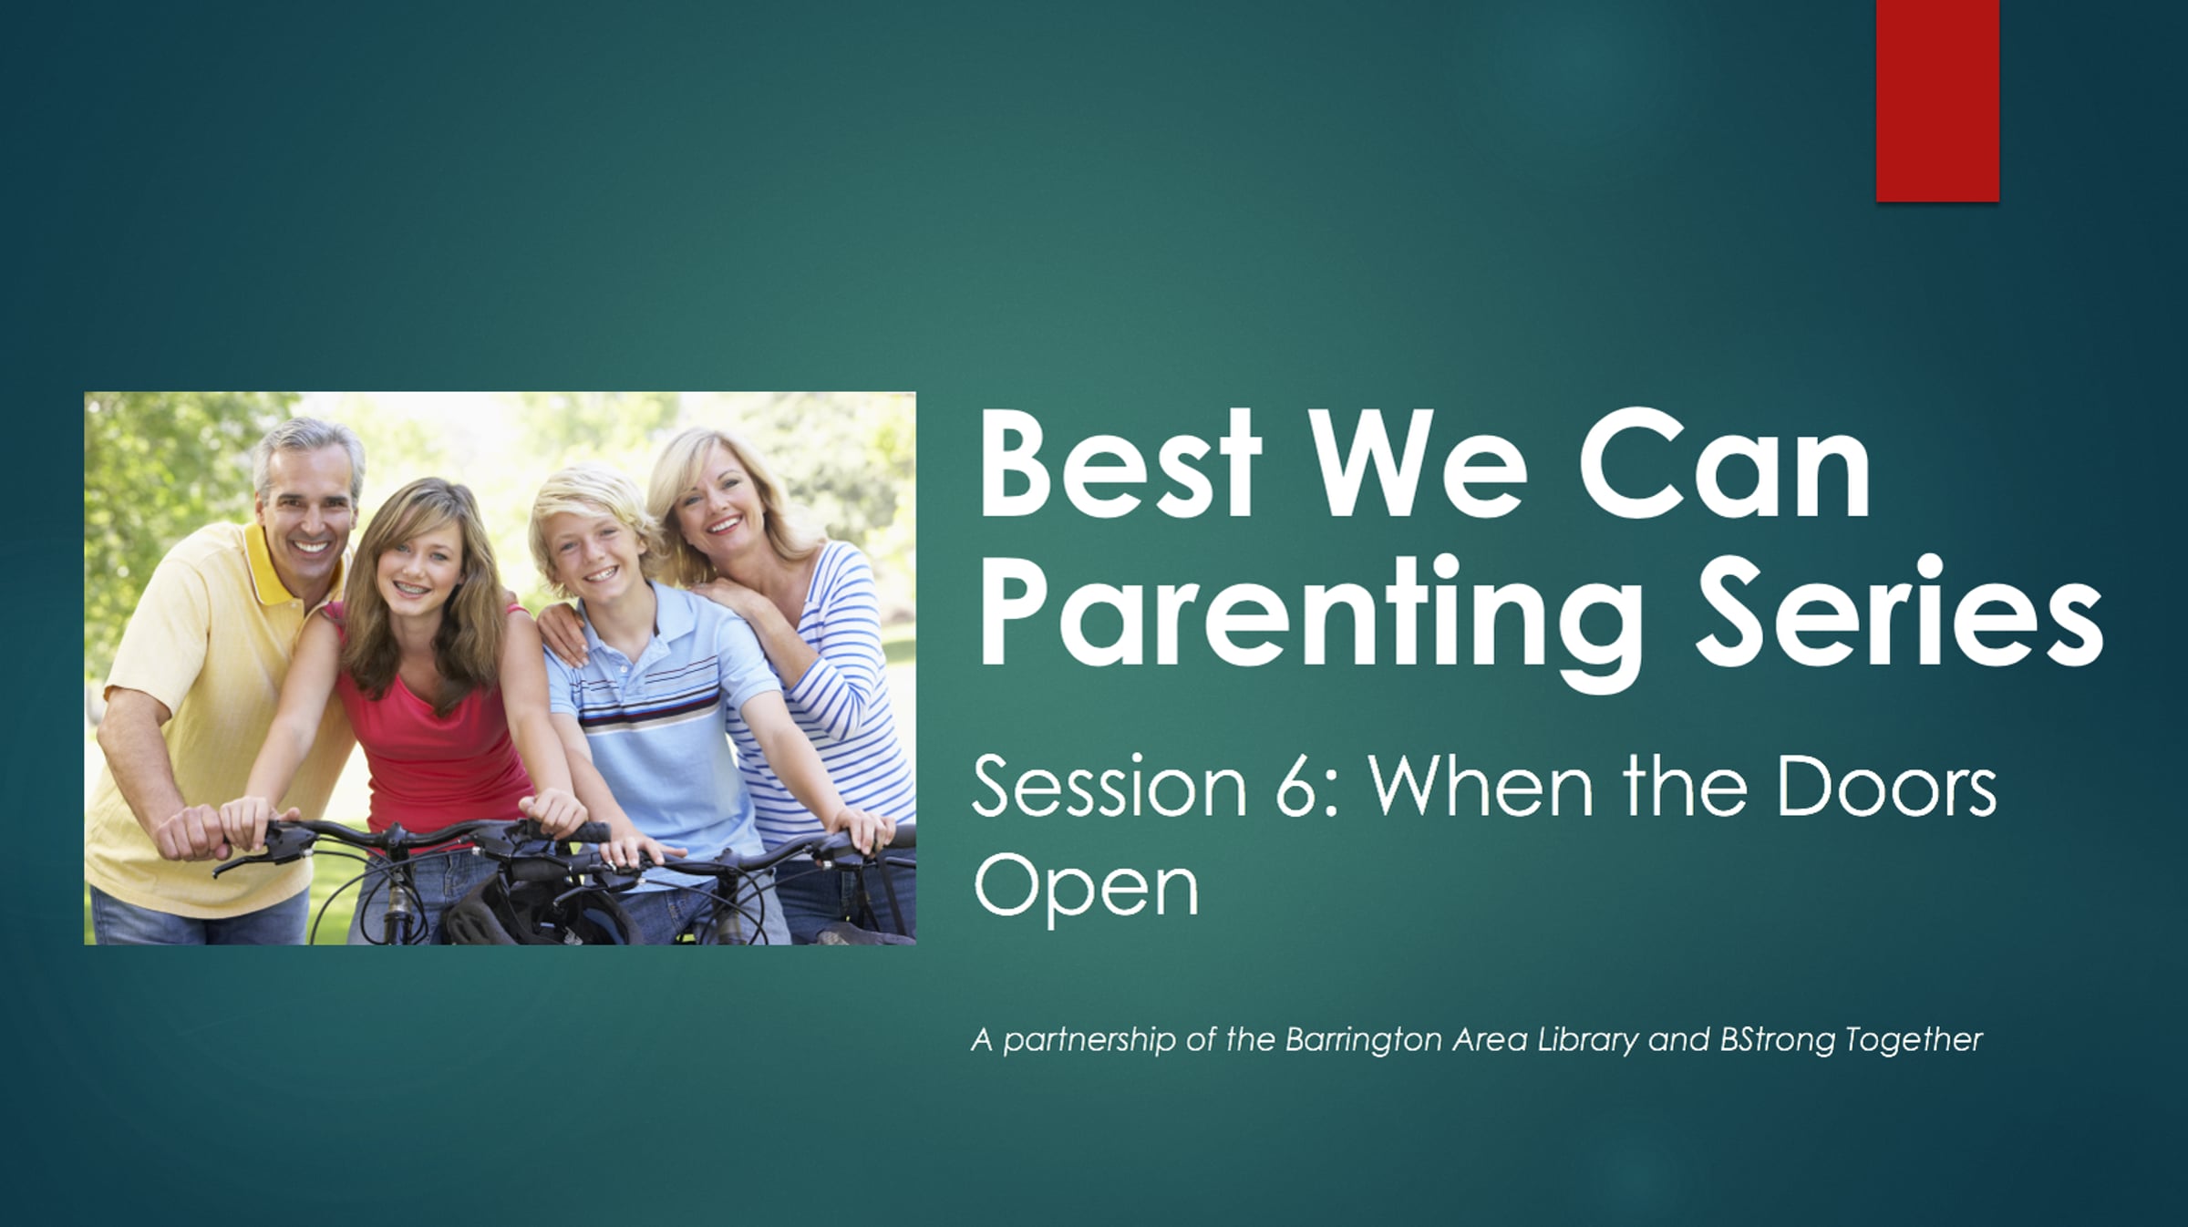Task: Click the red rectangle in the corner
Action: pos(1937,100)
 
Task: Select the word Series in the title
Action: pos(1899,608)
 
